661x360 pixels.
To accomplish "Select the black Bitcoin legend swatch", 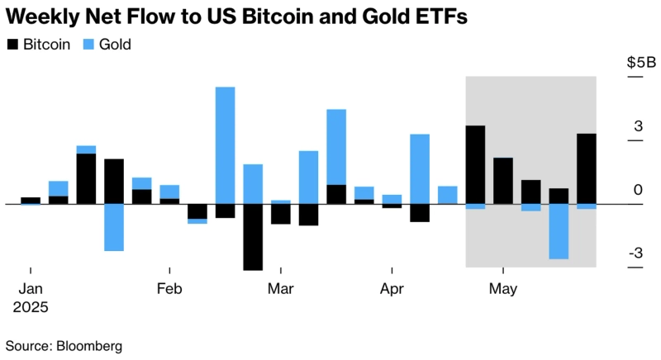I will point(12,45).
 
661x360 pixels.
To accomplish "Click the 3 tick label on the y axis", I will point(637,126).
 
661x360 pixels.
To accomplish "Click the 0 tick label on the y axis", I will point(637,190).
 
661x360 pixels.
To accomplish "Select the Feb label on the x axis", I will point(169,289).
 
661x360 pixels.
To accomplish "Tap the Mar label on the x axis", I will point(281,289).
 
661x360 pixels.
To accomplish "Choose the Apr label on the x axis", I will point(392,289).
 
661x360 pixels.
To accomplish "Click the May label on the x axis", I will point(502,289).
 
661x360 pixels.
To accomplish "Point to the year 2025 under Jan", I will point(31,307).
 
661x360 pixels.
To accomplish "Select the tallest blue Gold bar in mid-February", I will point(225,144).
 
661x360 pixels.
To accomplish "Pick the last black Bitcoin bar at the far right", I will point(586,168).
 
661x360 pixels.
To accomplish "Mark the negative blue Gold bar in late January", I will point(114,227).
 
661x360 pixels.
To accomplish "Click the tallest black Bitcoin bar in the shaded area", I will point(475,164).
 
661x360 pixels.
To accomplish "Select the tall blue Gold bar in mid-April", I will point(420,168).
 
